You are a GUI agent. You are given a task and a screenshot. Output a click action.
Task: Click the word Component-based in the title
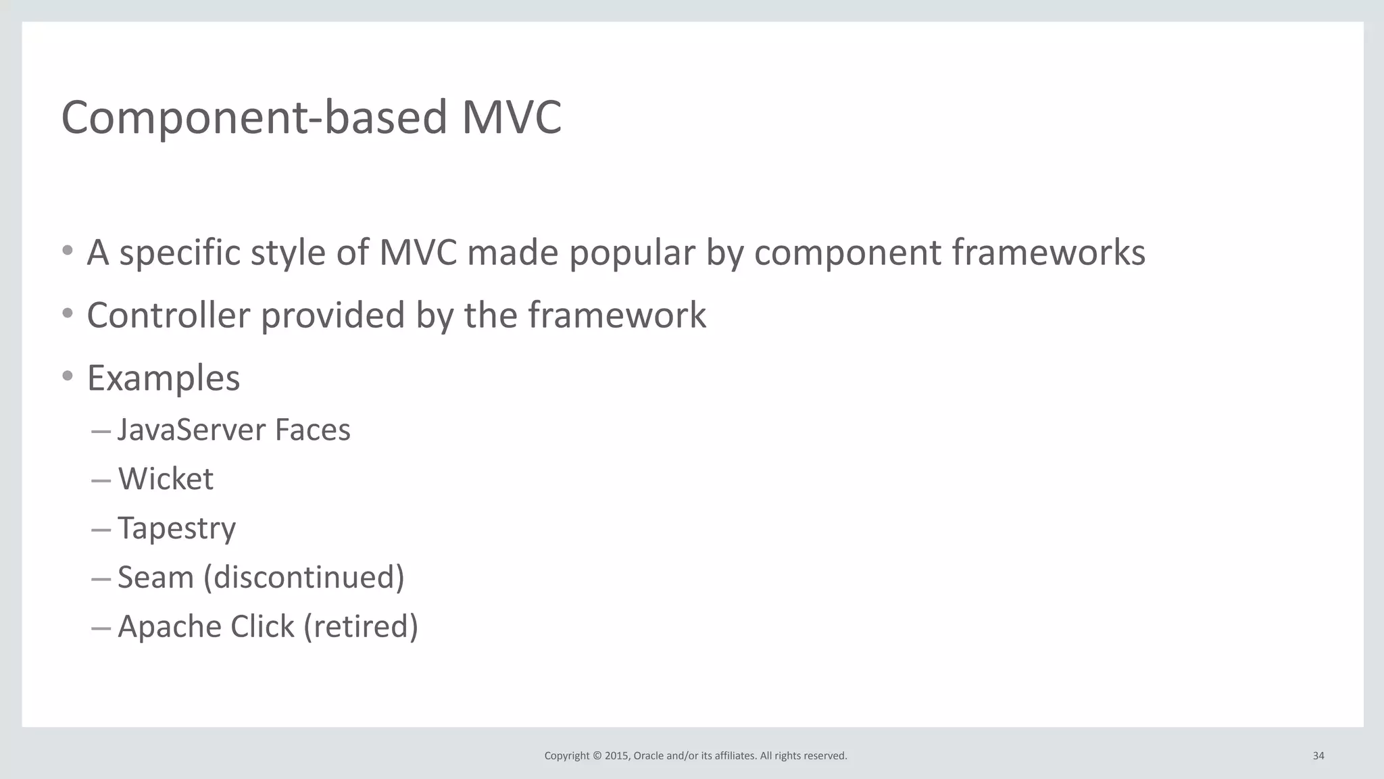[254, 118]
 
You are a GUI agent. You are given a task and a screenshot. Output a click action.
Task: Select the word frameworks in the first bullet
[1048, 253]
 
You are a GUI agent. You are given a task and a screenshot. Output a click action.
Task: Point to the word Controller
[168, 316]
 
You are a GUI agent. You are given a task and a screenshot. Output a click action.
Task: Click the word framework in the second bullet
[616, 316]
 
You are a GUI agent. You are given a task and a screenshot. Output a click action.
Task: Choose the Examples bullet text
[164, 378]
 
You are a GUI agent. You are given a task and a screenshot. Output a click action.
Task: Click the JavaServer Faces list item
[234, 430]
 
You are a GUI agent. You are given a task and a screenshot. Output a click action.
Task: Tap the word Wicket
[166, 479]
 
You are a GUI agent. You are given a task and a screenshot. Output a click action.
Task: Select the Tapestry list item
[176, 528]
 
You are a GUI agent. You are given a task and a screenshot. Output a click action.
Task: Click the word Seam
[155, 578]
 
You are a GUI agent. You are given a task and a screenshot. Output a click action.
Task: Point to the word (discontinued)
[304, 578]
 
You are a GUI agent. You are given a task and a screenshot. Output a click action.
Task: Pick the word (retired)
[361, 627]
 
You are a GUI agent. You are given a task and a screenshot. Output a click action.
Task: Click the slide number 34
[1318, 756]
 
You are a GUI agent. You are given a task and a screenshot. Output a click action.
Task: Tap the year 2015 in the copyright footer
[616, 756]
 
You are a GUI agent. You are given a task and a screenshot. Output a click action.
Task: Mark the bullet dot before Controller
[67, 313]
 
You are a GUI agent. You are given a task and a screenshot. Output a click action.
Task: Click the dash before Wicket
[101, 481]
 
